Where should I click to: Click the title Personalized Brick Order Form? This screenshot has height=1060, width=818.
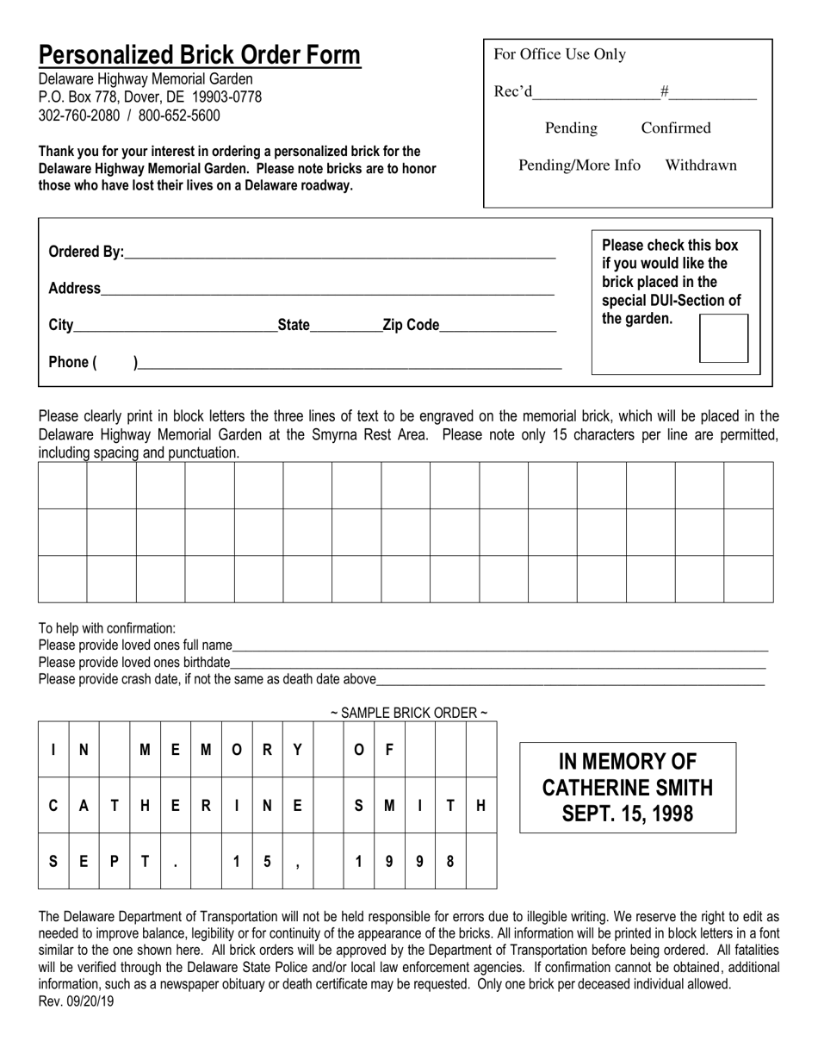tap(199, 56)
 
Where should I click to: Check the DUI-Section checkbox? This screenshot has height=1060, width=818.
tap(723, 338)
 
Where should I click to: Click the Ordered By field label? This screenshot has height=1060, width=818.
tap(86, 252)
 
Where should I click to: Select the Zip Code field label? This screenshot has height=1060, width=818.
tap(411, 325)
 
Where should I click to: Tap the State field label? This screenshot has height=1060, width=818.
tap(294, 325)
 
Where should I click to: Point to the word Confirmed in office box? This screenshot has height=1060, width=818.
tap(676, 128)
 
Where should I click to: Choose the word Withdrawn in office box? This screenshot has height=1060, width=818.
tap(701, 165)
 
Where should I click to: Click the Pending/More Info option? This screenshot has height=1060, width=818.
tap(579, 165)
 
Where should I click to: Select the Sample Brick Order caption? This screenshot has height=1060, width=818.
tap(409, 713)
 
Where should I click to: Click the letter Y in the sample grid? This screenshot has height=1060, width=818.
tap(297, 750)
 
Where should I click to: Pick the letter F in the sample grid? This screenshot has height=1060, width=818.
tap(389, 750)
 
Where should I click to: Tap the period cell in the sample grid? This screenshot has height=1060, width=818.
tap(175, 861)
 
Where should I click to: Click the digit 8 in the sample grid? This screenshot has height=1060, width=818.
tap(450, 860)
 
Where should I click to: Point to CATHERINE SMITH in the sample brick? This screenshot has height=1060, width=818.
tap(628, 788)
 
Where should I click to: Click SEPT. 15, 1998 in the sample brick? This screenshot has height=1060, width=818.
tap(628, 814)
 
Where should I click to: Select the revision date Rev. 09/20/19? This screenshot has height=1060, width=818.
tap(76, 1001)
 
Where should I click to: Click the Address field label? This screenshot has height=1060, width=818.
tap(74, 289)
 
